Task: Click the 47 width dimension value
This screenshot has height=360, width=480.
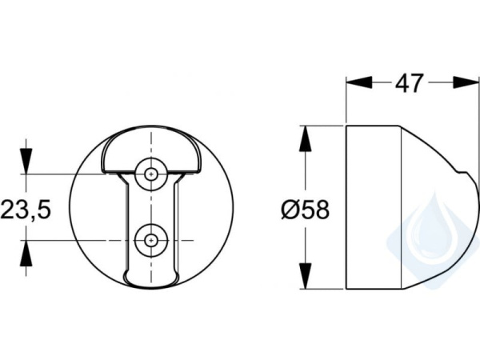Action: pos(409,83)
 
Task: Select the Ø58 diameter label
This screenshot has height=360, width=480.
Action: pos(304,210)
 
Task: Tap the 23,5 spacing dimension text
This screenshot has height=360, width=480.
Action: pos(26,210)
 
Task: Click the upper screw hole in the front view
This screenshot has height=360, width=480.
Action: pos(150,173)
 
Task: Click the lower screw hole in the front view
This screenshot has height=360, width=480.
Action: pos(150,238)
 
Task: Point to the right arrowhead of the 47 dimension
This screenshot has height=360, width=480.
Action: pos(465,82)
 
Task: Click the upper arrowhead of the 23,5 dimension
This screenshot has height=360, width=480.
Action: pos(27,161)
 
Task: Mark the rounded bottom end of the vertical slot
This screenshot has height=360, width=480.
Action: pos(150,278)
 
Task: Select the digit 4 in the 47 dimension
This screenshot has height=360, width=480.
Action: pos(400,83)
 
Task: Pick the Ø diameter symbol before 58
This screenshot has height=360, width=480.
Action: pos(290,210)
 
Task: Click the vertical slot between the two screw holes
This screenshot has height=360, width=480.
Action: pos(150,206)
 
